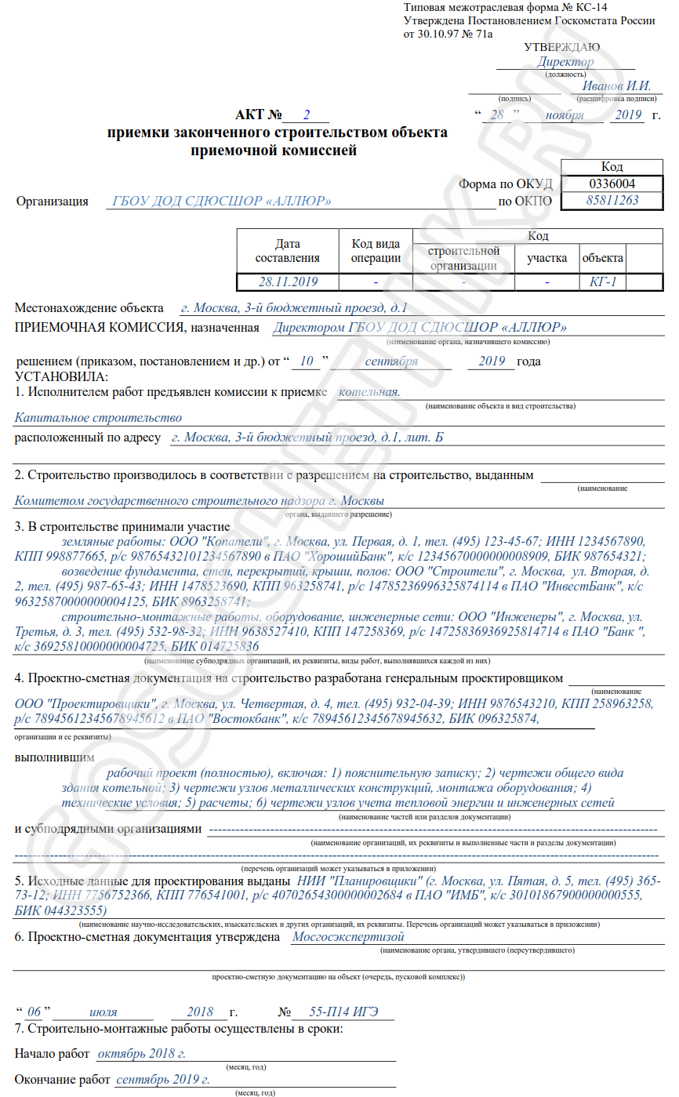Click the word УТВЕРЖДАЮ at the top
562,49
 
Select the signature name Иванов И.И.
617,86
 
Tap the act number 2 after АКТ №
307,114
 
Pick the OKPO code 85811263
612,201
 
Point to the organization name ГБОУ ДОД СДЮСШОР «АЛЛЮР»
222,202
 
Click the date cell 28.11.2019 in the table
288,282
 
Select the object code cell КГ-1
603,282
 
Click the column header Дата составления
288,251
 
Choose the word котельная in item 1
369,391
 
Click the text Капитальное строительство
99,418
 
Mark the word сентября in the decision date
390,361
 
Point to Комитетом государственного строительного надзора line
199,501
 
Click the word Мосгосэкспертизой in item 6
347,936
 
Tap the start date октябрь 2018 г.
141,1054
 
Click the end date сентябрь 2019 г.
162,1080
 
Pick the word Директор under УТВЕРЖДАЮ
565,62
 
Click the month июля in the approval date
104,1012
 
